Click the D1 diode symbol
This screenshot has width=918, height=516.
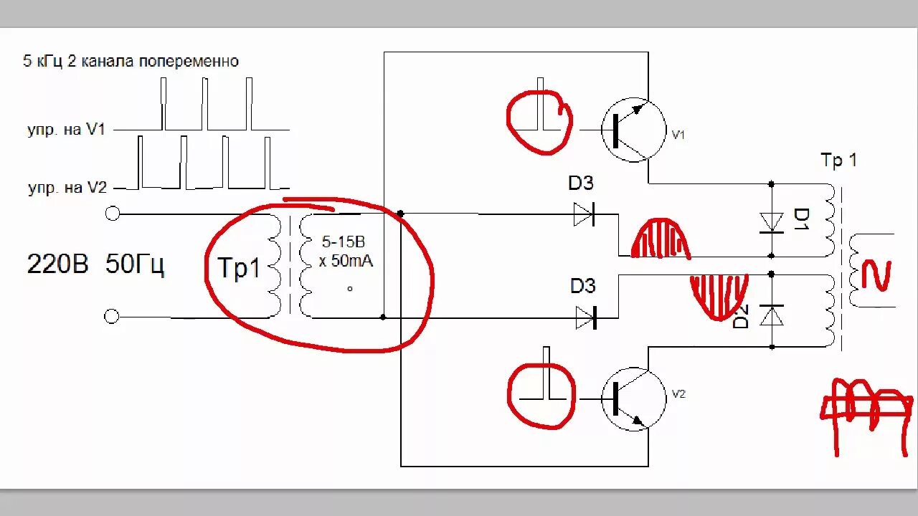[x=772, y=221]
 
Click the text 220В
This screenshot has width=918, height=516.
[x=57, y=265]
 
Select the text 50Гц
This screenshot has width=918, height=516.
[x=135, y=265]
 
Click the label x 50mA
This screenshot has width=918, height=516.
[x=346, y=262]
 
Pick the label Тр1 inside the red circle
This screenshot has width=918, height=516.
[x=239, y=269]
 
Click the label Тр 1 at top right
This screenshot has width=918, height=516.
[x=838, y=161]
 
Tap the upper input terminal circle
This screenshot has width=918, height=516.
[x=112, y=214]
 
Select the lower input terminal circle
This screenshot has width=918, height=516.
[x=112, y=317]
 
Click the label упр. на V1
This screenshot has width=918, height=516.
[x=67, y=130]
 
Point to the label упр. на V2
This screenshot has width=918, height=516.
[x=67, y=188]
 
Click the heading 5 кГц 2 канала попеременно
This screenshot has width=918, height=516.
[x=131, y=62]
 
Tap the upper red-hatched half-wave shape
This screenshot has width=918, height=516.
[x=660, y=239]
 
